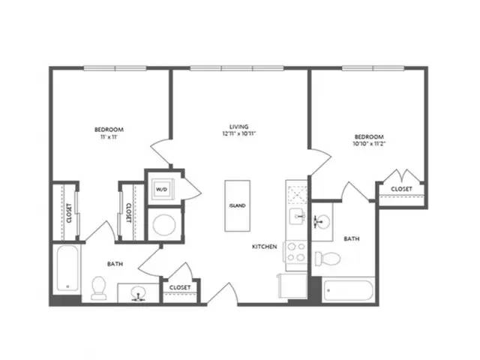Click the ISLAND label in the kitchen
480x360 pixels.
238,205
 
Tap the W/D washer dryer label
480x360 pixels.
161,190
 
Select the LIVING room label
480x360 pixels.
238,127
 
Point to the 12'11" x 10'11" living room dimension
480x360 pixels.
238,133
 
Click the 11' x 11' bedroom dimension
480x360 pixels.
109,137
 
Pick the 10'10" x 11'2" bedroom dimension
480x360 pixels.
369,143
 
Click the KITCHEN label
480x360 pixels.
265,247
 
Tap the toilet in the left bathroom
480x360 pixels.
99,288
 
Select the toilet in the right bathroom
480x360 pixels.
328,259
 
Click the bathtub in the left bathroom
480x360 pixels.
67,268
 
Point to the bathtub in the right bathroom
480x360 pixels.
349,290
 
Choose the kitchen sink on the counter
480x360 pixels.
297,217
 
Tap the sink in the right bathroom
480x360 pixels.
322,220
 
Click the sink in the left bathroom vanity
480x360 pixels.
138,293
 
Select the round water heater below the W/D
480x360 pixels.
164,225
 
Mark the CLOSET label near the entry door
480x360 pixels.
180,287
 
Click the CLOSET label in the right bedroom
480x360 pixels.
401,189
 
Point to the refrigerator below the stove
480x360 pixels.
292,286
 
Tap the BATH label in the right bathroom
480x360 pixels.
352,238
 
